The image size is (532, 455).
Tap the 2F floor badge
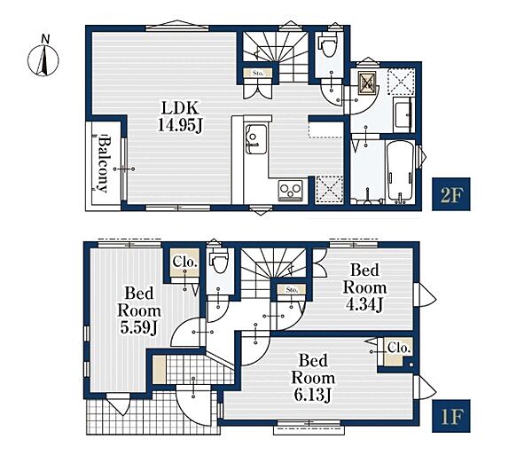(451, 194)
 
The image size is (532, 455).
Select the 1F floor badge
(451, 416)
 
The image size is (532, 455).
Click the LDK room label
(179, 108)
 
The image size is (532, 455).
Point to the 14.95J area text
(179, 126)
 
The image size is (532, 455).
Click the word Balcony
(103, 164)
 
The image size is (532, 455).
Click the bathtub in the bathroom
(400, 171)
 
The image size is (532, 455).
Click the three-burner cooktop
(291, 191)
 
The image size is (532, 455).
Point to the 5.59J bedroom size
(138, 327)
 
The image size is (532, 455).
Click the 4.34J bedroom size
(364, 304)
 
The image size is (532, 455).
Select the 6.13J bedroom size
(312, 395)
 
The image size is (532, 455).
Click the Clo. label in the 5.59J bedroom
(185, 262)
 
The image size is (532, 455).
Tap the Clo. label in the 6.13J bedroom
(399, 348)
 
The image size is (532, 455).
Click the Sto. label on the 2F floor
(258, 73)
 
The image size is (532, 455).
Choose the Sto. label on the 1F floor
(292, 290)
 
